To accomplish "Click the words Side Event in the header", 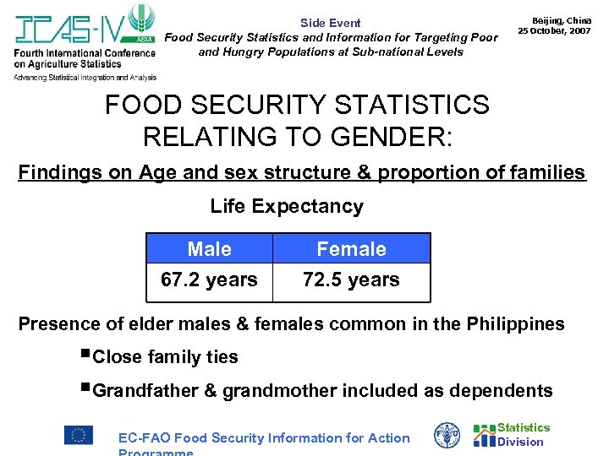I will [x=330, y=23].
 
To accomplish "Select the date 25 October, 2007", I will [x=554, y=30].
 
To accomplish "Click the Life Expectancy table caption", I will [x=287, y=206].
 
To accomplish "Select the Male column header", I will [x=210, y=249].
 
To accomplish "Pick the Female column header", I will [x=351, y=249].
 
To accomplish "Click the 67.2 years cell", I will [x=210, y=280].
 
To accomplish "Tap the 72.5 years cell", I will [x=351, y=280].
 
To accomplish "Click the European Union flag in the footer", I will [x=79, y=435].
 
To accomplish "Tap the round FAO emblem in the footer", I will [x=447, y=435].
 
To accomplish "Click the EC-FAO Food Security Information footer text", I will [x=264, y=437].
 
